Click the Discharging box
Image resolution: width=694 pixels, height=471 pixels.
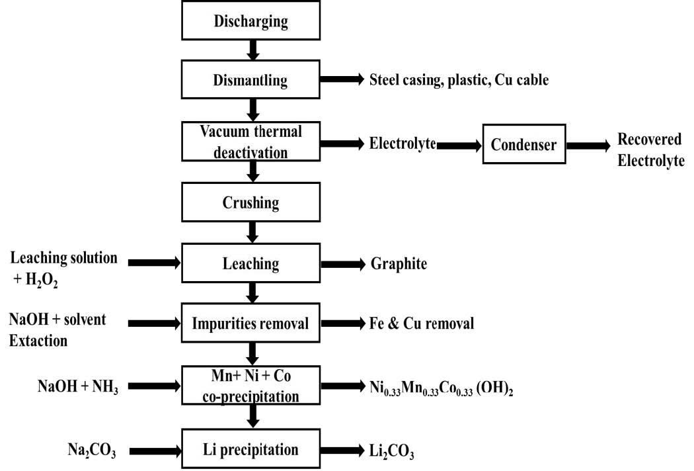click(x=251, y=21)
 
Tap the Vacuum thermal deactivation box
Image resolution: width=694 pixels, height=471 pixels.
click(x=251, y=142)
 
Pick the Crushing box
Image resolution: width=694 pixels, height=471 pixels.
click(x=251, y=202)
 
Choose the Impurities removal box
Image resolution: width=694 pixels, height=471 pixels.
click(x=251, y=324)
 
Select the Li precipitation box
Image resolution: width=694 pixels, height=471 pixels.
click(x=251, y=450)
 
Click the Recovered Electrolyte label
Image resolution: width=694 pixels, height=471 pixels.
click(x=650, y=150)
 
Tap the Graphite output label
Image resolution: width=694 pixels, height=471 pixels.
click(x=399, y=264)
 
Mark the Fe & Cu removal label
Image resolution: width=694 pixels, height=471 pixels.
click(x=422, y=324)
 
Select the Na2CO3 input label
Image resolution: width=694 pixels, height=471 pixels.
click(x=83, y=451)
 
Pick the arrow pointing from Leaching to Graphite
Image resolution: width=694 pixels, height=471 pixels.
click(x=342, y=265)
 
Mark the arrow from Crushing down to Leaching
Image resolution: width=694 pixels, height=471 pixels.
click(x=251, y=232)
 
